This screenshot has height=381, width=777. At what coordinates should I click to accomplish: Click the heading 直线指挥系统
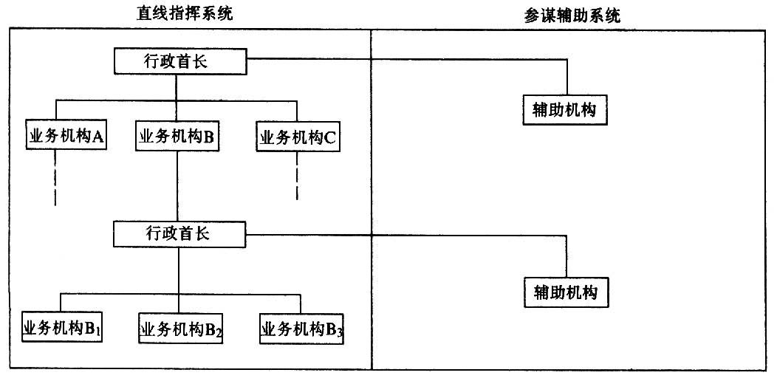coord(184,13)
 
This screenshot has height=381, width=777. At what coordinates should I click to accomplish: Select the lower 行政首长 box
coord(180,234)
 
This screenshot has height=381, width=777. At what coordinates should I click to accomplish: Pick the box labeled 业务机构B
coord(177,137)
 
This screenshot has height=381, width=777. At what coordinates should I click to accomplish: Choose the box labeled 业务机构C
coord(298,137)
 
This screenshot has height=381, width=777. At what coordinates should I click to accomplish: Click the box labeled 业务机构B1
coord(63,327)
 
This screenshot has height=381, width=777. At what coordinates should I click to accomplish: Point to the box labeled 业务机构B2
coord(181,328)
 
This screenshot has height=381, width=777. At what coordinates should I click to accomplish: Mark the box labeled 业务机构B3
coord(302,328)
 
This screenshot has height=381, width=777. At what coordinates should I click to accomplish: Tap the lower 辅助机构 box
coord(566,292)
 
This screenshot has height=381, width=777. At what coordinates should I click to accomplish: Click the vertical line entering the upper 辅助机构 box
coord(567,77)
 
